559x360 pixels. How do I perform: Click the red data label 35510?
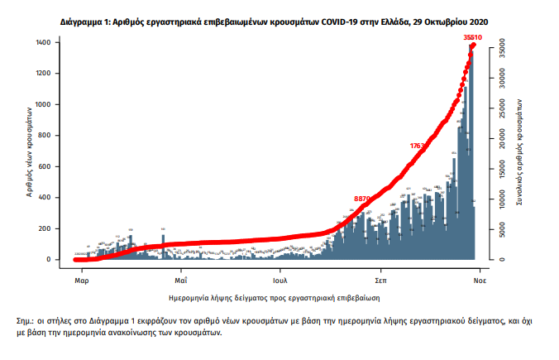(472, 37)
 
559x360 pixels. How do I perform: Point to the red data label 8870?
(362, 199)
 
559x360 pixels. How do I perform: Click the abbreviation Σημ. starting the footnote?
(26, 319)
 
